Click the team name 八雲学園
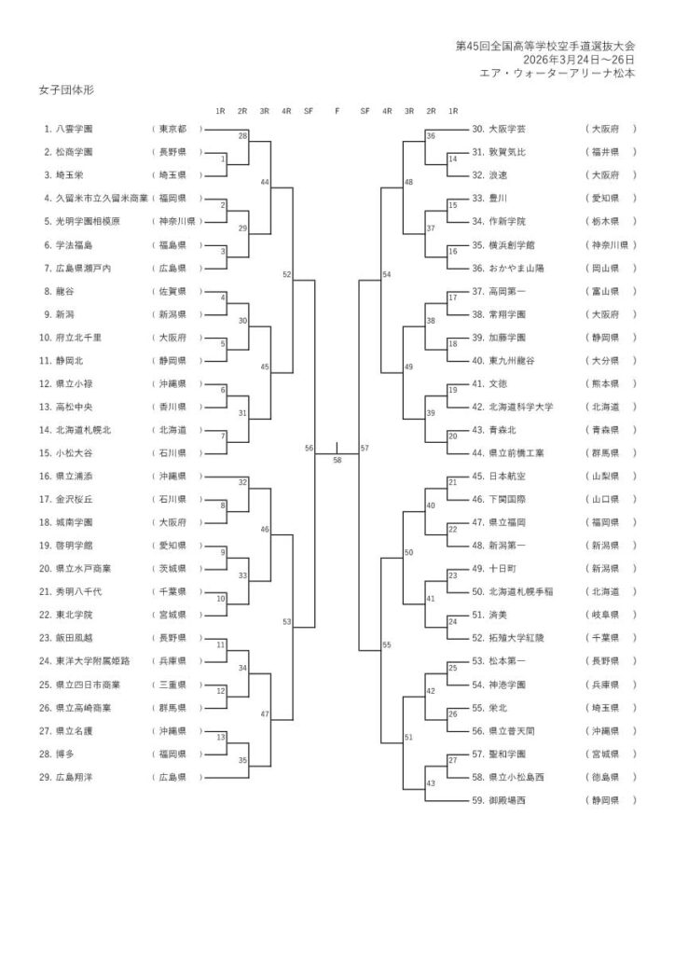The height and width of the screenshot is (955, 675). [80, 128]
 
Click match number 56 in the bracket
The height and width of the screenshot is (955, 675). [309, 449]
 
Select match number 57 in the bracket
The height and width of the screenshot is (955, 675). [365, 449]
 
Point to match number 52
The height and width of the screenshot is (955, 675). [286, 275]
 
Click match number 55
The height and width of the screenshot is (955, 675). [387, 644]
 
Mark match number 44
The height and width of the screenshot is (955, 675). [264, 182]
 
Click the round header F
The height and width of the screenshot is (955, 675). [337, 110]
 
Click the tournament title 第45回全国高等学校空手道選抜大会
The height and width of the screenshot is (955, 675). [545, 45]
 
